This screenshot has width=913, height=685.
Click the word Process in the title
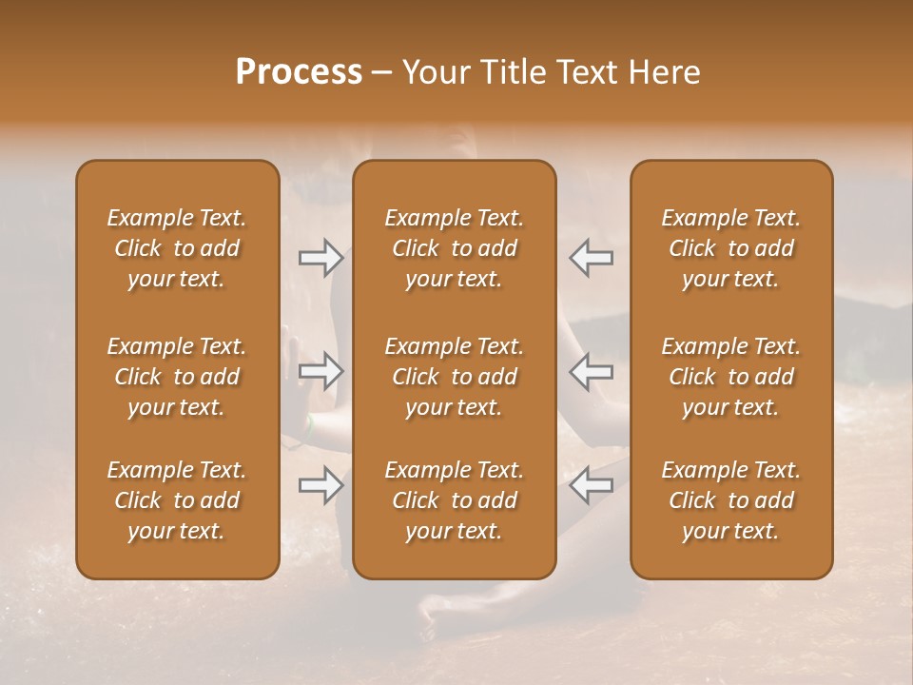pos(299,72)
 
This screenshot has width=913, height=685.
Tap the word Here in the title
pos(663,72)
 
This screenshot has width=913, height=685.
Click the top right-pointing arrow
pos(321,258)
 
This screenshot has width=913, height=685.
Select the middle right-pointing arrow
pos(321,372)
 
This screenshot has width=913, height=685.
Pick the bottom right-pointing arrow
pos(321,485)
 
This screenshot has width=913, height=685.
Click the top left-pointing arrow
pos(592,258)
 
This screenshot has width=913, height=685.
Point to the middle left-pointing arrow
pos(592,372)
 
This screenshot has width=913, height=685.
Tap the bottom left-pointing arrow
pos(592,485)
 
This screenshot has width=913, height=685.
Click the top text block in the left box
pos(177,248)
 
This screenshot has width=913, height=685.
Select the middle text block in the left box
pos(177,377)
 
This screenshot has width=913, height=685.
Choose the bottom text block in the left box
pos(177,500)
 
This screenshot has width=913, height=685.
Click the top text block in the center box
pos(454,248)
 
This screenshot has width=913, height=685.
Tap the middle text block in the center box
pos(454,377)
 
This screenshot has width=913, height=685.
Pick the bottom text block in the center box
pos(454,500)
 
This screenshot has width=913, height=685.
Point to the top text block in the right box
pos(731,248)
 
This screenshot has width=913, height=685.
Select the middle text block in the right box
pos(731,377)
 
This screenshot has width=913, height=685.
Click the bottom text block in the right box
pos(731,500)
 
